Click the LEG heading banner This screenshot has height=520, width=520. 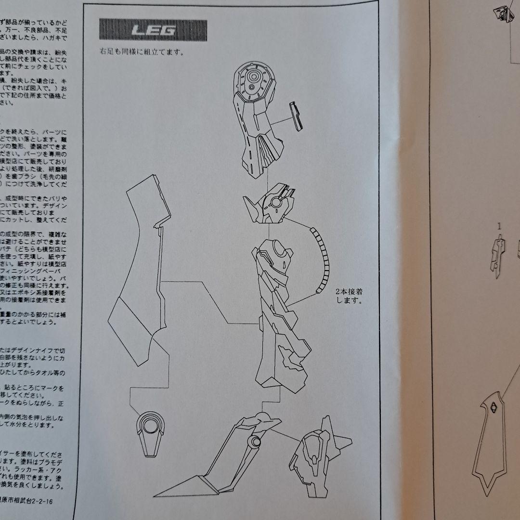pos(153,31)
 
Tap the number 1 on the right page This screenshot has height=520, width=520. pos(499,225)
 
